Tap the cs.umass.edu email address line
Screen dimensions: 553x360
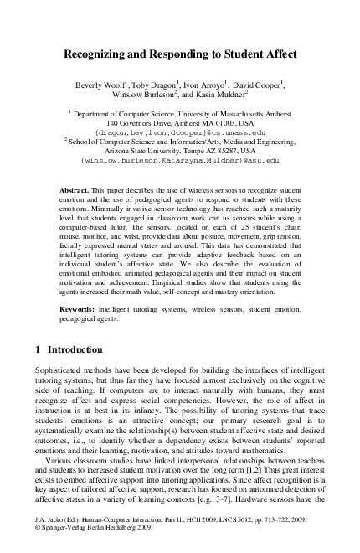coord(181,132)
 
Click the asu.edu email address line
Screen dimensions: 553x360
coord(179,159)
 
